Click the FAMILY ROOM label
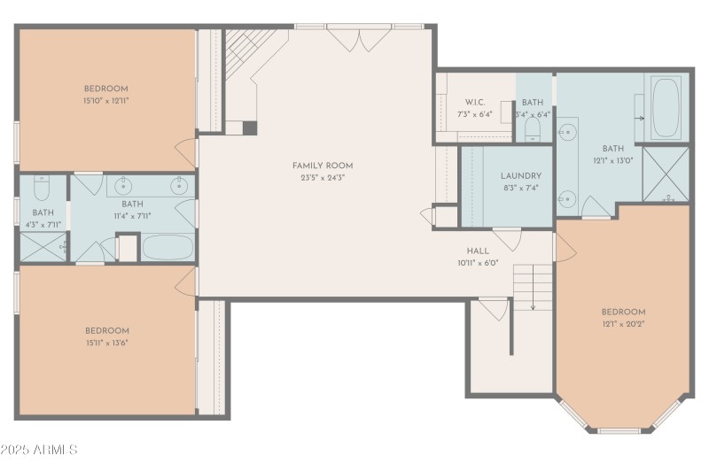point(323,166)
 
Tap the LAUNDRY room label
point(520,176)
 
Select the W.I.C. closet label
point(473,103)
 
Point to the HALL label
point(478,251)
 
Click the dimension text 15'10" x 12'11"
point(106,100)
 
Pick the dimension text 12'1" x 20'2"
point(623,324)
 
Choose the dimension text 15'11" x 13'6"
point(106,343)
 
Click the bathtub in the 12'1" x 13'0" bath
point(666,109)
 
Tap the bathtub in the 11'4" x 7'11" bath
point(168,246)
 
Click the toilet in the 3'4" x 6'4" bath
point(532,129)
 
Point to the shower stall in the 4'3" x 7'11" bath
point(42,246)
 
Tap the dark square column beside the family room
point(250,127)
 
